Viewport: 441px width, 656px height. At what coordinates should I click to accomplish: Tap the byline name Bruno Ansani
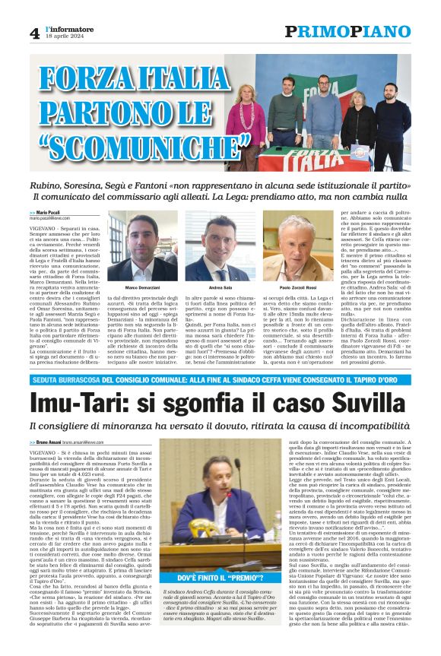pyautogui.click(x=52, y=442)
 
